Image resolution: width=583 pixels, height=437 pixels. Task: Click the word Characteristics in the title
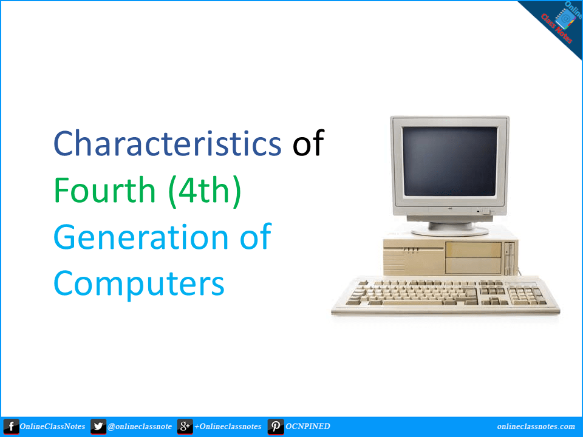click(x=167, y=144)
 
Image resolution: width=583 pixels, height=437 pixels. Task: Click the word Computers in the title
click(x=138, y=282)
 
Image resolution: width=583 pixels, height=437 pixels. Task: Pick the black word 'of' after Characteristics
click(x=308, y=144)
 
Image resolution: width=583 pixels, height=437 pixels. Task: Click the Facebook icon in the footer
click(x=10, y=427)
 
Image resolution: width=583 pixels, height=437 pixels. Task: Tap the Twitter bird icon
click(x=98, y=427)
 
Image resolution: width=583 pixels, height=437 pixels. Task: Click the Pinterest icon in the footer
click(x=276, y=427)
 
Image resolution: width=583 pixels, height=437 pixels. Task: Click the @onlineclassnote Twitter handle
click(x=140, y=427)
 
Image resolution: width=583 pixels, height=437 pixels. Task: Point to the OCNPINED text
click(x=308, y=427)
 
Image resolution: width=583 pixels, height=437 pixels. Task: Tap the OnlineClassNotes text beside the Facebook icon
click(x=52, y=427)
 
